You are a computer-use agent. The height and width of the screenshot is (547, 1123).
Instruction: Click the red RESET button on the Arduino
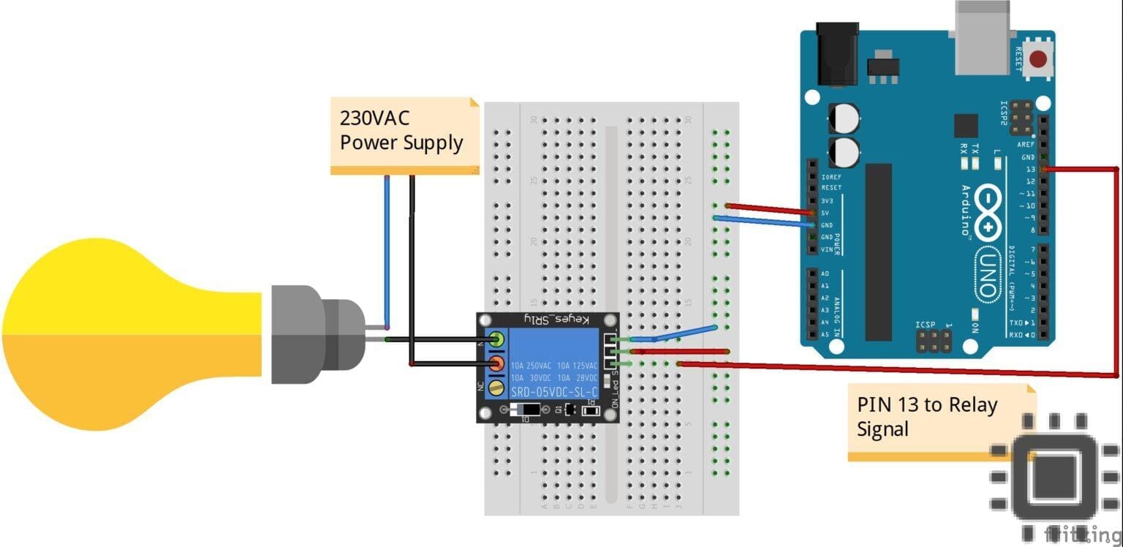click(1037, 60)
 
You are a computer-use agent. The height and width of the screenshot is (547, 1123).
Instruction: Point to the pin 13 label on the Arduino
click(1031, 169)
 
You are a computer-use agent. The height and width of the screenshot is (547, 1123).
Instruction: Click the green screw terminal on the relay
click(497, 339)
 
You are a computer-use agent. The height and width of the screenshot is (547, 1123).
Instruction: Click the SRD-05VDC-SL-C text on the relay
click(554, 391)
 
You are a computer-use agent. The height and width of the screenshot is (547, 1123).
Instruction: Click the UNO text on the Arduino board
click(988, 275)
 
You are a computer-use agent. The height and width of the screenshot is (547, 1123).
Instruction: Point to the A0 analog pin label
click(825, 273)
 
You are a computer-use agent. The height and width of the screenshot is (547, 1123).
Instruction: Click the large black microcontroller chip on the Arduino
click(879, 252)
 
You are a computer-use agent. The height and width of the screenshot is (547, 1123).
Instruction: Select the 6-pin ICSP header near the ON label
click(934, 339)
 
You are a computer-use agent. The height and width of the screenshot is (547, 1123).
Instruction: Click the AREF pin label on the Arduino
click(1026, 145)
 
